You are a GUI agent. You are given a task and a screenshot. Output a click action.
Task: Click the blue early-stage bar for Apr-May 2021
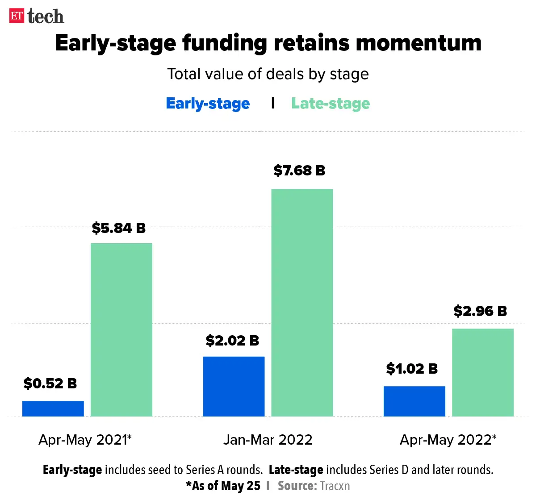(x=53, y=408)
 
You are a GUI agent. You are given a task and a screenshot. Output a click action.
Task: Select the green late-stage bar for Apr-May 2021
(x=121, y=329)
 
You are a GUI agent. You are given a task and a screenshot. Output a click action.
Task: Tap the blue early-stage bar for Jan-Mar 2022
(x=234, y=386)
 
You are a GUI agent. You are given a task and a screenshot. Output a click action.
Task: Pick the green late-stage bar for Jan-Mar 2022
(x=302, y=302)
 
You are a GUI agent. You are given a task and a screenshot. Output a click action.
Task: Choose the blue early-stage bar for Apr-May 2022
(x=414, y=401)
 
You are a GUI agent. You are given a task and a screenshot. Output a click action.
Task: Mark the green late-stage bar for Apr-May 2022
(x=482, y=372)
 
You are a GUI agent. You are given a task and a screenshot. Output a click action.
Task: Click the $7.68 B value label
(x=299, y=170)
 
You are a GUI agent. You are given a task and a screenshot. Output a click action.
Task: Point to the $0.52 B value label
(x=50, y=383)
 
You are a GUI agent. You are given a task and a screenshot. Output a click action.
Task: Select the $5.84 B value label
(x=119, y=228)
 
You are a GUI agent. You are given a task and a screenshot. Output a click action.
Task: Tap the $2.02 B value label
(x=232, y=341)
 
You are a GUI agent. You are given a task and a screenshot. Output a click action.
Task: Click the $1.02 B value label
(x=412, y=368)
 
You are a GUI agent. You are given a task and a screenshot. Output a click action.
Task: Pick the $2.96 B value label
(x=480, y=311)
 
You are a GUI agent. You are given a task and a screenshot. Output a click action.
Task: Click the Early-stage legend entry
(x=208, y=104)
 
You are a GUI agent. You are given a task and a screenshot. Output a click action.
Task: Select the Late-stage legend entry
(x=331, y=104)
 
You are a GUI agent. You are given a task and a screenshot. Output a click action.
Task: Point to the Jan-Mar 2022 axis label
(x=268, y=440)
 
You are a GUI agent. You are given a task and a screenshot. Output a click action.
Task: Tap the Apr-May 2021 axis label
(x=85, y=440)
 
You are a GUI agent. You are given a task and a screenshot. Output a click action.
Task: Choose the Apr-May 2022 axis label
(x=448, y=440)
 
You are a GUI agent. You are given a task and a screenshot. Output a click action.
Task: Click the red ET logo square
(x=17, y=16)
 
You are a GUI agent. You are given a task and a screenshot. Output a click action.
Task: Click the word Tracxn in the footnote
(x=335, y=486)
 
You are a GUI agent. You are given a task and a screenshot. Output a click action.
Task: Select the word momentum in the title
(x=419, y=43)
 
